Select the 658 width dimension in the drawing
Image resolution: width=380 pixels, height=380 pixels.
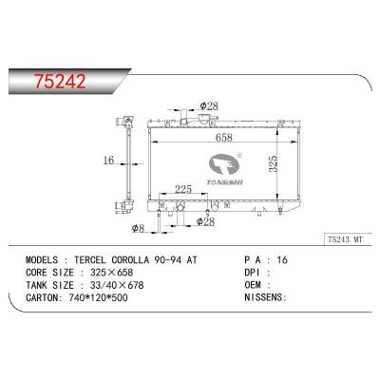coord(224,138)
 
